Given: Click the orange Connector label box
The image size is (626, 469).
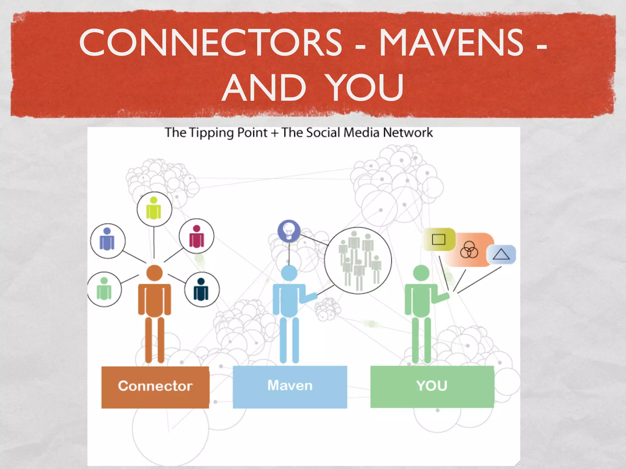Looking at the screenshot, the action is tap(155, 387).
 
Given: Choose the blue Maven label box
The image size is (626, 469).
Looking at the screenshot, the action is tap(290, 387).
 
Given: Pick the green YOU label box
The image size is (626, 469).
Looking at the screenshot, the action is tap(432, 387).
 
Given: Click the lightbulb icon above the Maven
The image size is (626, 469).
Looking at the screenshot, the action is tap(289, 231).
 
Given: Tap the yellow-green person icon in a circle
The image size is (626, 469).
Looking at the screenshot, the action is tap(154, 209).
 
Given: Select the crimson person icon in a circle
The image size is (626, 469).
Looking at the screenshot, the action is tap(197, 236).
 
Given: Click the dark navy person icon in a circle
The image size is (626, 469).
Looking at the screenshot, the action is tap(201, 289).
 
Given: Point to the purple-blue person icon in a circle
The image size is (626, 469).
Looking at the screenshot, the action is tap(107, 241).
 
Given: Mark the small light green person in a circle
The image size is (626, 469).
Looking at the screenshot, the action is tap(104, 289).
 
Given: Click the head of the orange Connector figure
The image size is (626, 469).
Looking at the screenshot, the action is tap(154, 273).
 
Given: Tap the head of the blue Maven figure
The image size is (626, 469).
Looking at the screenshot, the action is tap(289, 273).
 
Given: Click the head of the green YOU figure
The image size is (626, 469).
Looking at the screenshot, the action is tap(421, 273).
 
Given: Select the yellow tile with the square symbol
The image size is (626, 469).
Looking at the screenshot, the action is tap(439, 239).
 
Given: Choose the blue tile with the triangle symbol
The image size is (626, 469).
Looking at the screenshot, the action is tap(501, 254).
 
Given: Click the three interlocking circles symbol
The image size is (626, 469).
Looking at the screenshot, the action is tap(469, 250).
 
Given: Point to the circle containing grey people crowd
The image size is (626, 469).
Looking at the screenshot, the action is tap(358, 260).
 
